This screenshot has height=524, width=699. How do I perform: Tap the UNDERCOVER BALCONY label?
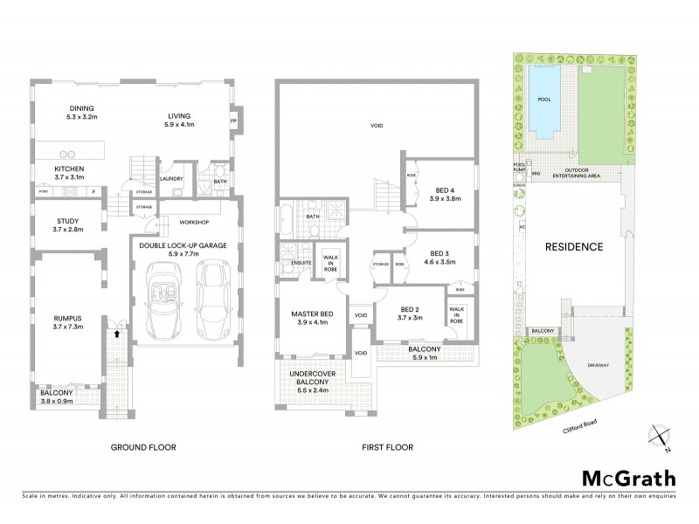click(x=313, y=383)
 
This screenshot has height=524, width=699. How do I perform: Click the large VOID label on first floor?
click(x=377, y=127)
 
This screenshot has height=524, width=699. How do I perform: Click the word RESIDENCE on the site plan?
click(x=574, y=246)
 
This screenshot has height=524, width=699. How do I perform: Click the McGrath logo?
click(x=629, y=479)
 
